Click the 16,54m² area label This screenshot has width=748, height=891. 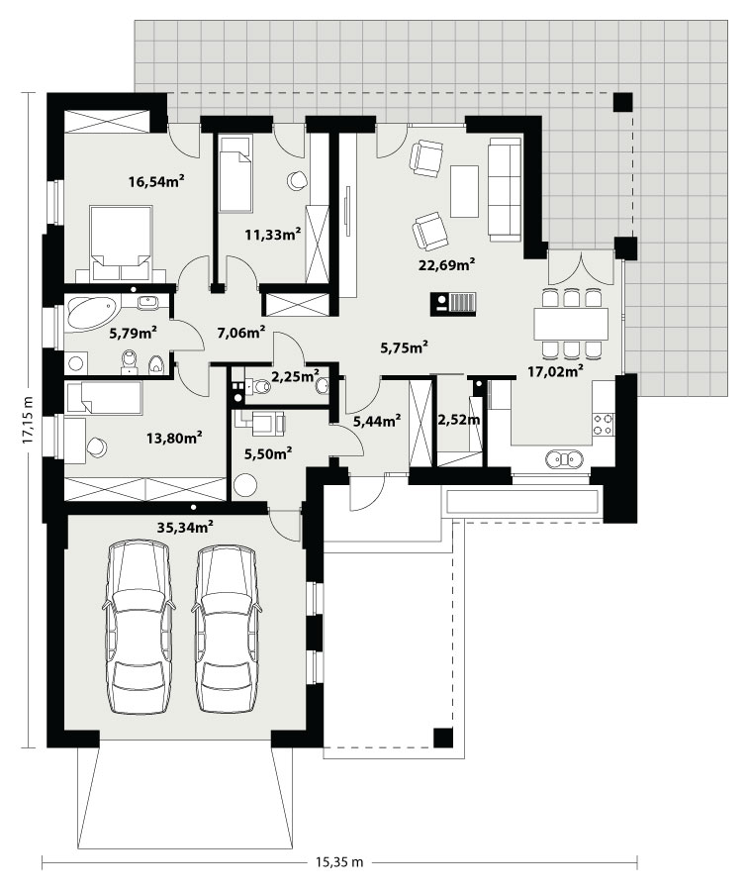coord(156,182)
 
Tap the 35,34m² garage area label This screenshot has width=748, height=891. coord(185,527)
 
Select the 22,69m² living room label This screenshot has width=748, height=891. coord(447,264)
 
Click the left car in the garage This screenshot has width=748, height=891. coord(138,627)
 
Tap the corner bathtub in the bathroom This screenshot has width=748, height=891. coord(91,312)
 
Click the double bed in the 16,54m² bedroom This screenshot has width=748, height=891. coord(121,244)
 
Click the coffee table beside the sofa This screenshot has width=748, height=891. coord(464,191)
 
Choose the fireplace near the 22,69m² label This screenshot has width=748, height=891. coord(453,303)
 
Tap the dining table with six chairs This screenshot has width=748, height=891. coord(571,323)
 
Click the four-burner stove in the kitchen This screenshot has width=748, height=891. coord(604,425)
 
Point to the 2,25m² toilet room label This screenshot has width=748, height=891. coord(295,375)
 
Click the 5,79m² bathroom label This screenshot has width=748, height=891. coord(133,333)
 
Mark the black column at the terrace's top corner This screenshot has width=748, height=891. coord(622,102)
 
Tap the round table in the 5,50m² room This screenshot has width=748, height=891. coord(244,485)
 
